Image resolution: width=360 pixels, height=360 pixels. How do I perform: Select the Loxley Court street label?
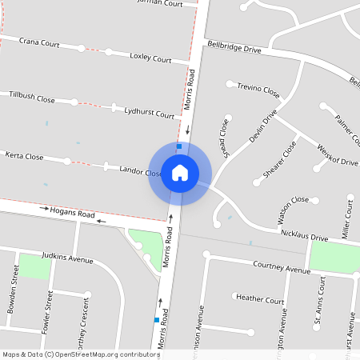[150, 58]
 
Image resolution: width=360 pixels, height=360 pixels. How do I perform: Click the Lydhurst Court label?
[149, 114]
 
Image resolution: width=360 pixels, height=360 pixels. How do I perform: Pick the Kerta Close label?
[24, 156]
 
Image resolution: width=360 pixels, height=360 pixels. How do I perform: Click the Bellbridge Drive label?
[234, 49]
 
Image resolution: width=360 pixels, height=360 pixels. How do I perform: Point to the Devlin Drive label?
[262, 126]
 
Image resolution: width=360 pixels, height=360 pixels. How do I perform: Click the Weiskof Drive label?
[338, 155]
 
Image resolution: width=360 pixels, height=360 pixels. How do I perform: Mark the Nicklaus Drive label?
[304, 238]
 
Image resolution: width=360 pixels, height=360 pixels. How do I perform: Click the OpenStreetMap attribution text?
[80, 354]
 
